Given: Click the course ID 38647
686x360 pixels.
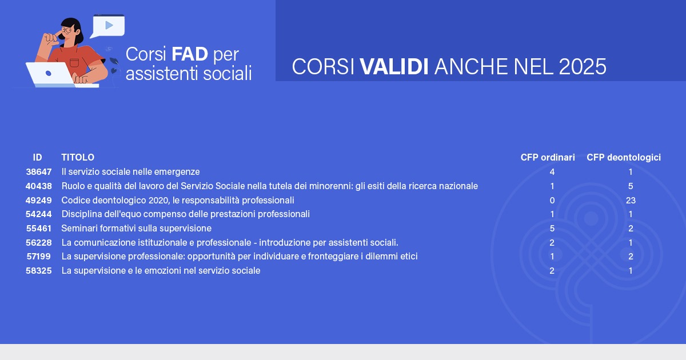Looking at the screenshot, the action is (x=39, y=172).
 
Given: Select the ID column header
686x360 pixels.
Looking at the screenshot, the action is (x=37, y=157).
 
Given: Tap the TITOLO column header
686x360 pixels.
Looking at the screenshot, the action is (x=78, y=157).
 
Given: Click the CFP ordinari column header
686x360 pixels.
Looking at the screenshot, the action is (x=548, y=157).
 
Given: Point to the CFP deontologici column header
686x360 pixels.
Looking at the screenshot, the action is (x=624, y=158).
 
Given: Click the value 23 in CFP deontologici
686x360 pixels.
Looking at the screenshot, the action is (x=631, y=200).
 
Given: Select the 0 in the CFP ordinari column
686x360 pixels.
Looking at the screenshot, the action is (x=552, y=200).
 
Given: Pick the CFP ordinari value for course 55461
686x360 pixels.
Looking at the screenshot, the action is (x=552, y=229).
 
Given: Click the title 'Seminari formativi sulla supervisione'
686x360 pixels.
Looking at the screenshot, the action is (x=136, y=229).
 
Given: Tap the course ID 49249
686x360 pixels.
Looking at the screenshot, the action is (x=39, y=200).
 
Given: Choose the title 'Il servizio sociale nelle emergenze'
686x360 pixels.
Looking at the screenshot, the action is (x=130, y=172).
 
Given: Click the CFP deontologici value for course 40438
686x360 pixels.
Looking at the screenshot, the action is (x=631, y=186).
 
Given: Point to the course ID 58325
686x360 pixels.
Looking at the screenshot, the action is (x=39, y=271).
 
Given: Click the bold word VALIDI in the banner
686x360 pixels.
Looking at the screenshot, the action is (x=394, y=66).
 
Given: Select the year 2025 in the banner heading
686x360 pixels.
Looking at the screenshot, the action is (x=583, y=66).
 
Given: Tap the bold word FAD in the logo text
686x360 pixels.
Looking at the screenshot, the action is (x=190, y=54).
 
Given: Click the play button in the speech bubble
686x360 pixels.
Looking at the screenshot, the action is (x=109, y=25).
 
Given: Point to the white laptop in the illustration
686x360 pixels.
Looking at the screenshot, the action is (x=50, y=74).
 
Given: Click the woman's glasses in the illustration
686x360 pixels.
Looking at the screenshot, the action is (x=67, y=30).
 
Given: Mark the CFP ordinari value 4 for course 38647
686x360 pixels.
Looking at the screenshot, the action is (x=552, y=172).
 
